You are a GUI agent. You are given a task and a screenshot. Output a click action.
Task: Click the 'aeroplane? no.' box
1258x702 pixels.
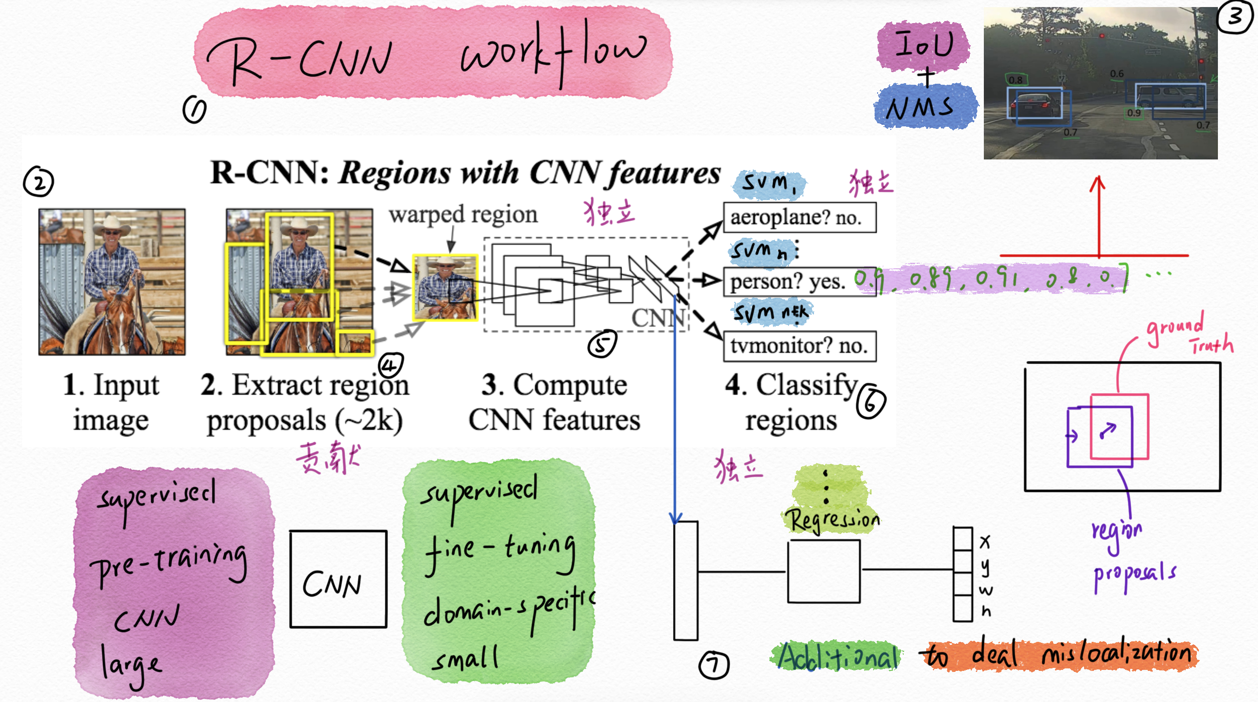(799, 218)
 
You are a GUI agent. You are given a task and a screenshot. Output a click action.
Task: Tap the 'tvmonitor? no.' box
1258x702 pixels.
(799, 346)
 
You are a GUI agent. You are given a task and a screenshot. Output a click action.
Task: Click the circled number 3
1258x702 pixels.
(1235, 17)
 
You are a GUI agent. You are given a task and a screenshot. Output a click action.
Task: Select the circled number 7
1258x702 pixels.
(714, 665)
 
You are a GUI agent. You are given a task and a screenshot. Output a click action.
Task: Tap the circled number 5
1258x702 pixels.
(602, 344)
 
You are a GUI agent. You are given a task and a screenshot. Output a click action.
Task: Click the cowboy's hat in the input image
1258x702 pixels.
(112, 223)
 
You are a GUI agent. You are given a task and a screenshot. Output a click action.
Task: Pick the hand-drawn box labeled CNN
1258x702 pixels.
(338, 579)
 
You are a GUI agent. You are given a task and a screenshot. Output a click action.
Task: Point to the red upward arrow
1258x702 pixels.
(1098, 216)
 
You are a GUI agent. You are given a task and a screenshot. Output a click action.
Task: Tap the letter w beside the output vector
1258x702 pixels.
(985, 591)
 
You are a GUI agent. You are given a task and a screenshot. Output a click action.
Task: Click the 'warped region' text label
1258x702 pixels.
(463, 215)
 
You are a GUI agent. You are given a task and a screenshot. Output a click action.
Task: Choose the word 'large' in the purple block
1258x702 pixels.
(130, 664)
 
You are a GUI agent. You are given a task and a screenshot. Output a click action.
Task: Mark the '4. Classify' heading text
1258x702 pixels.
(792, 385)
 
